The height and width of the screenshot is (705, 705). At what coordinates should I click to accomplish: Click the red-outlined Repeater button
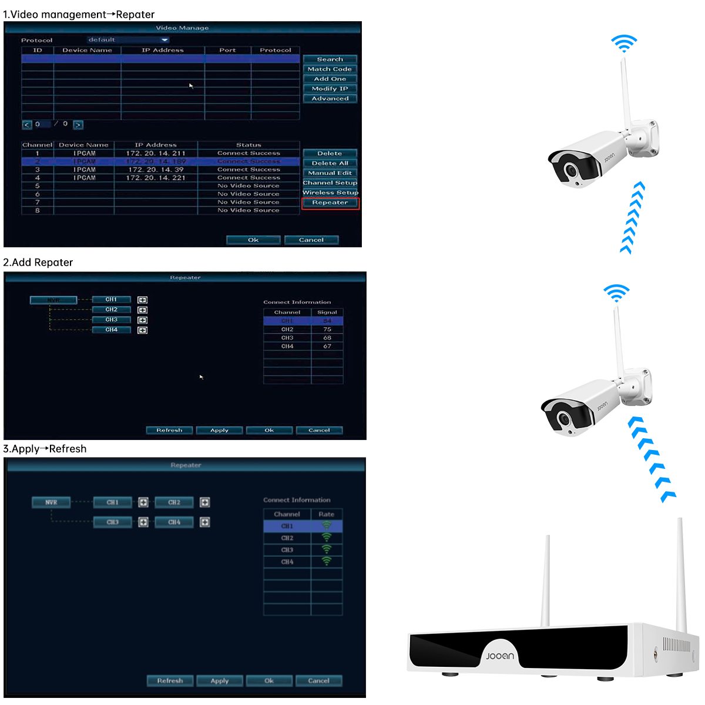click(330, 203)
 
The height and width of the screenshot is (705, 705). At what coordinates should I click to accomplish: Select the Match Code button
click(330, 69)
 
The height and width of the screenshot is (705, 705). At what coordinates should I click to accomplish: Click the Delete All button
click(330, 163)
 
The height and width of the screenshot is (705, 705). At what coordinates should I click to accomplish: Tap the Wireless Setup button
click(330, 193)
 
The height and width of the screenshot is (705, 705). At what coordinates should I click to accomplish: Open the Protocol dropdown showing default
click(128, 40)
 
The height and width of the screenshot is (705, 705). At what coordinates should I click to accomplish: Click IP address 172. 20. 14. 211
click(156, 153)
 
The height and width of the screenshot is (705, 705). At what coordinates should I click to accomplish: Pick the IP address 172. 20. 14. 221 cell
click(156, 178)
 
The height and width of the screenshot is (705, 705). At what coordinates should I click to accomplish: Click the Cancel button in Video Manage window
click(311, 240)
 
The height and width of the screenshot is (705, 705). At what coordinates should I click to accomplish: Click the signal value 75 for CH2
click(327, 330)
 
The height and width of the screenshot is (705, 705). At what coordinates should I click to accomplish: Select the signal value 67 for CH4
click(327, 347)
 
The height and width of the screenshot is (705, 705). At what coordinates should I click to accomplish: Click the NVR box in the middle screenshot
click(53, 300)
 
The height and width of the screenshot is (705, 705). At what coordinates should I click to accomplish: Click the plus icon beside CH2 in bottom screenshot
click(204, 502)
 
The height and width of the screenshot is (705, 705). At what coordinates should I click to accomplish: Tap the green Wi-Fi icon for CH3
click(327, 549)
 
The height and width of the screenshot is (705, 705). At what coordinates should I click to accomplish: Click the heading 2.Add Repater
click(38, 263)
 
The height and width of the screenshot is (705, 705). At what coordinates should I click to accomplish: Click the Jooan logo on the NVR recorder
click(500, 656)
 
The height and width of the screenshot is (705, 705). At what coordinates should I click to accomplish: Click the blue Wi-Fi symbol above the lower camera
click(616, 293)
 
